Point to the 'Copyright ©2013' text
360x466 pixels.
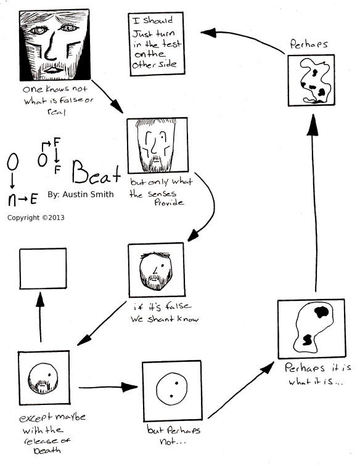[36, 218]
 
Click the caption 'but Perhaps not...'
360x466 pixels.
[174, 435]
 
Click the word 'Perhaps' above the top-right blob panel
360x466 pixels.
[306, 44]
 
